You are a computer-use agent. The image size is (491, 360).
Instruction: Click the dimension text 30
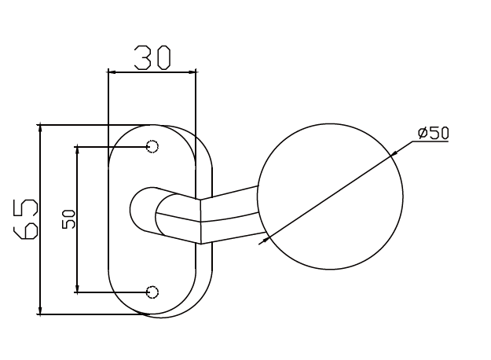coord(152,57)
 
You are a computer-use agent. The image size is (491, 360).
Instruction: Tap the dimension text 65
coord(26,219)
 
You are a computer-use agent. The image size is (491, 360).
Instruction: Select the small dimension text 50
coord(68,219)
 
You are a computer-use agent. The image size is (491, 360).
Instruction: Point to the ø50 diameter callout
coord(433,132)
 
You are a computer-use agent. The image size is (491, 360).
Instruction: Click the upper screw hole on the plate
coord(152,146)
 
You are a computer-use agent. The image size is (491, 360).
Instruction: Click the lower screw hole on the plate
coord(152,292)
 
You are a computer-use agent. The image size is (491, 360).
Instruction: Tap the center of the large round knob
coord(330,196)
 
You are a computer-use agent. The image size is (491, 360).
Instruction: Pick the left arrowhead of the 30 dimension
coord(112,72)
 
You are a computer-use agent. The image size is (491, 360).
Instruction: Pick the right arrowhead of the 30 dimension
coord(192,72)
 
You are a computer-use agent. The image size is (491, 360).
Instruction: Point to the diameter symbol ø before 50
coord(423,132)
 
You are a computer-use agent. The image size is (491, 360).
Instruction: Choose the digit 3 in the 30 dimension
coord(142,57)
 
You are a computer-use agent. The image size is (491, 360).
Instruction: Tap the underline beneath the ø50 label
coord(433,141)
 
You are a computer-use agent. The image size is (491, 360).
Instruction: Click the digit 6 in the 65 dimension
coord(26,229)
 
